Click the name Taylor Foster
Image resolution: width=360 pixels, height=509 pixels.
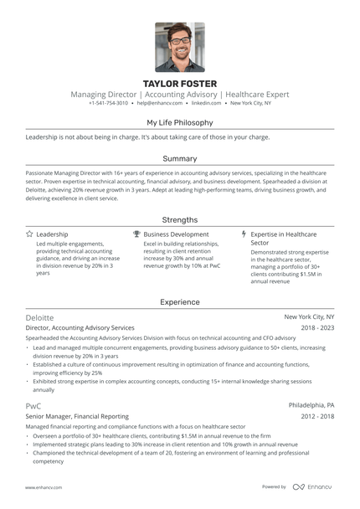pos(179,84)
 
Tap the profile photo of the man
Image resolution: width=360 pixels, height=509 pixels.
pos(179,47)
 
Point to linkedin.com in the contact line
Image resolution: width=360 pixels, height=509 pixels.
pos(206,103)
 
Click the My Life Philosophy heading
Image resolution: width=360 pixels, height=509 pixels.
pos(179,122)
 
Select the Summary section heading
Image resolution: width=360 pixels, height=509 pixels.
pos(179,158)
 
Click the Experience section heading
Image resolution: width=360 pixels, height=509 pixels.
pos(179,301)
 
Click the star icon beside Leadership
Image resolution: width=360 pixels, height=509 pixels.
pos(29,234)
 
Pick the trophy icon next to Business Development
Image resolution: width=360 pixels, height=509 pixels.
pos(136,234)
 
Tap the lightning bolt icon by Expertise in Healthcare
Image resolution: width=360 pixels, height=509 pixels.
pos(244,234)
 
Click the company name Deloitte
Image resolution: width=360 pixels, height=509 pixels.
pos(39,318)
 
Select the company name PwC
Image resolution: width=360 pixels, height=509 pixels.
pos(33,404)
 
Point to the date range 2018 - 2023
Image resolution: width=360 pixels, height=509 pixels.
pos(316,328)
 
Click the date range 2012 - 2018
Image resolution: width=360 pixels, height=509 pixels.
pos(316,415)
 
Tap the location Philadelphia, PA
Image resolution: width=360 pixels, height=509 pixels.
pos(311,404)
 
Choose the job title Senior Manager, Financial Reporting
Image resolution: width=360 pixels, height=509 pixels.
pos(77,415)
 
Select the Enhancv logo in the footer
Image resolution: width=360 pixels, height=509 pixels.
pos(311,486)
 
